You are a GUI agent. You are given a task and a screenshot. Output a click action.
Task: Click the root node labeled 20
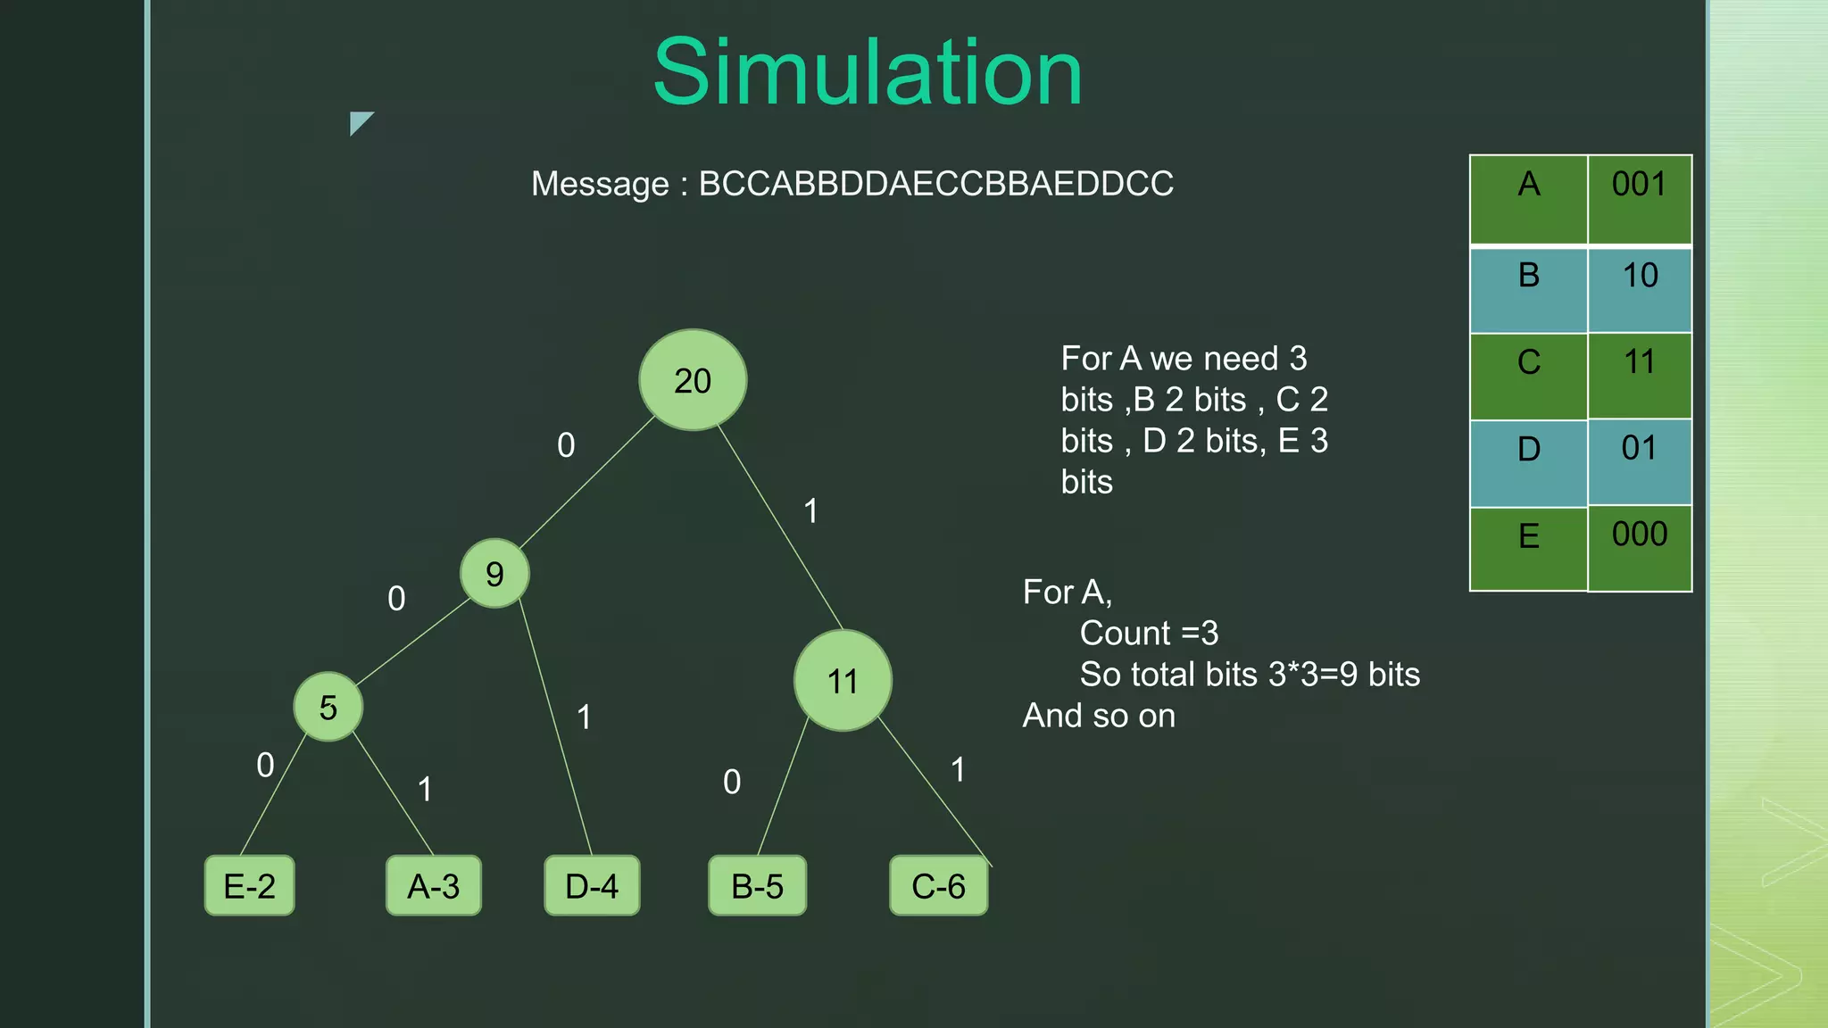(693, 381)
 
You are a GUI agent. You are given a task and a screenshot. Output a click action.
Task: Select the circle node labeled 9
(494, 574)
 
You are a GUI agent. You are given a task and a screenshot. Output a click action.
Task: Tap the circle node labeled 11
(843, 681)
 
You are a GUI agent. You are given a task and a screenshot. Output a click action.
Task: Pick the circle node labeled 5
(328, 707)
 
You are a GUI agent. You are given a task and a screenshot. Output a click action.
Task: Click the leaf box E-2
(250, 886)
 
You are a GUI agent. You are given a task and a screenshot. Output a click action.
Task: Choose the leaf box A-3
(434, 886)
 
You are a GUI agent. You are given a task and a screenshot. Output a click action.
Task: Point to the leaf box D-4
(592, 886)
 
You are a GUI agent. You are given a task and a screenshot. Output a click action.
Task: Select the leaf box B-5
(757, 886)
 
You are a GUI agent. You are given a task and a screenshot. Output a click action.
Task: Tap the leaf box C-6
(939, 886)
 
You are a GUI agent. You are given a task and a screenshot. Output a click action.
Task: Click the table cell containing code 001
(1639, 199)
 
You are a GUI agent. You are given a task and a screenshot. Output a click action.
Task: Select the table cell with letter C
(1528, 376)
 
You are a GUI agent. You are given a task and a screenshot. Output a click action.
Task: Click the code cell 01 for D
(1639, 462)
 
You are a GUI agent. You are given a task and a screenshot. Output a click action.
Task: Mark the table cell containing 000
(1639, 548)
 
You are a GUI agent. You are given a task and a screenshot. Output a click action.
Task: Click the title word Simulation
(868, 73)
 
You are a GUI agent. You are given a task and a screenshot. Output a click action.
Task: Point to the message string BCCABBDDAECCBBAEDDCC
(935, 184)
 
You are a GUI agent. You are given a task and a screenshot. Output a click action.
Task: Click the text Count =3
(1149, 634)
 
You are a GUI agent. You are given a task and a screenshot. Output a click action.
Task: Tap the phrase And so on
(1099, 716)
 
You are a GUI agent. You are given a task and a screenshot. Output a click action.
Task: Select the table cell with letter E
(1528, 548)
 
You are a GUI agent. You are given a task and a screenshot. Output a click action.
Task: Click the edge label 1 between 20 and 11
(810, 511)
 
